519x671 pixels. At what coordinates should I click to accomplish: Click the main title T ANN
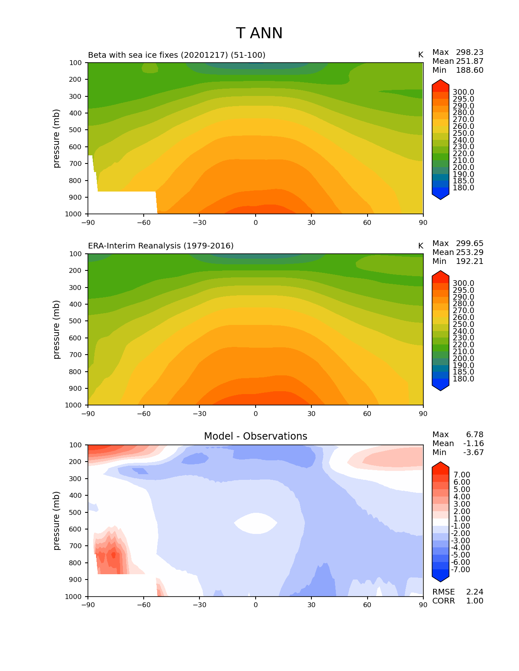pyautogui.click(x=259, y=33)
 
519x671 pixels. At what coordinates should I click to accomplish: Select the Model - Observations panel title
pyautogui.click(x=255, y=436)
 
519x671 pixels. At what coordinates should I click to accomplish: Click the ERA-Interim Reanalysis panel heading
pyautogui.click(x=161, y=246)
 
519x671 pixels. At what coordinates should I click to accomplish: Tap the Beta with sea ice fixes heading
pyautogui.click(x=177, y=55)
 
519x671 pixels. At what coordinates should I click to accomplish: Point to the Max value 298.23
pyautogui.click(x=469, y=52)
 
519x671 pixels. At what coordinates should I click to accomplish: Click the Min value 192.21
pyautogui.click(x=469, y=261)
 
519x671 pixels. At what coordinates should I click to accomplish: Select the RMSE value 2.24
pyautogui.click(x=475, y=592)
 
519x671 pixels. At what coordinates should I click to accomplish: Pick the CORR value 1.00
pyautogui.click(x=475, y=601)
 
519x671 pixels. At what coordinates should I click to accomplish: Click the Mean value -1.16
pyautogui.click(x=473, y=443)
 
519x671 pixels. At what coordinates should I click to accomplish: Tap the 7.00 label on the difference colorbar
pyautogui.click(x=462, y=475)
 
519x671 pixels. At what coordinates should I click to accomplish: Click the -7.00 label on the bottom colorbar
pyautogui.click(x=461, y=569)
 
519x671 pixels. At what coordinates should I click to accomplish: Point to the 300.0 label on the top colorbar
pyautogui.click(x=463, y=92)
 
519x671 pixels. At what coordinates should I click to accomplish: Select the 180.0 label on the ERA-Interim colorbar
pyautogui.click(x=463, y=379)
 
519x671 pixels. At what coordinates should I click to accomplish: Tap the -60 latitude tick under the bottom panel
pyautogui.click(x=144, y=605)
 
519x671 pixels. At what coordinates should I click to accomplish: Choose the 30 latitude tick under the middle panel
pyautogui.click(x=311, y=414)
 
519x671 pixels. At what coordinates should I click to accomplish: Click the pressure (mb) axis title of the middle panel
pyautogui.click(x=57, y=329)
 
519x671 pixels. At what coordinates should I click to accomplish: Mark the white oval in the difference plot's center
pyautogui.click(x=256, y=523)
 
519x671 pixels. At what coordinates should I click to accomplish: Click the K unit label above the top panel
pyautogui.click(x=420, y=55)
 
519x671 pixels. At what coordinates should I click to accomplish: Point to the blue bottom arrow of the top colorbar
pyautogui.click(x=440, y=196)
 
